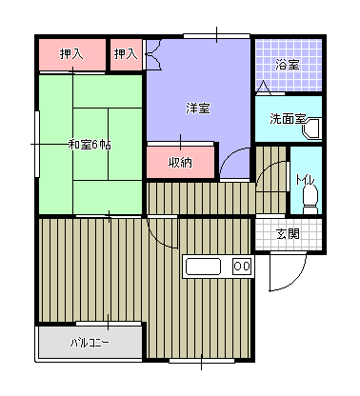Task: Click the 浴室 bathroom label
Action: point(287,65)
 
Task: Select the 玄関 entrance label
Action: point(288,234)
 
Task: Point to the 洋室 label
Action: point(197,109)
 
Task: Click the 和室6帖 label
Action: point(90,145)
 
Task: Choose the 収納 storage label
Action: point(180,163)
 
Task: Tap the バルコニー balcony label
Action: point(90,343)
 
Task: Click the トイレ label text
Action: point(305,180)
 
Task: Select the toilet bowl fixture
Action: point(310,200)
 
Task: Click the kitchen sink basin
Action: point(203,267)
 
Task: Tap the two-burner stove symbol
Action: point(242,266)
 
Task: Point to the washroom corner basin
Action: point(311,129)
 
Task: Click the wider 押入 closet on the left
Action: point(72,54)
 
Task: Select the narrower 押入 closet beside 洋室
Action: point(126,54)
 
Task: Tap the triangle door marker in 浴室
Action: point(263,88)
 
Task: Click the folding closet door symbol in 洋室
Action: point(153,54)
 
